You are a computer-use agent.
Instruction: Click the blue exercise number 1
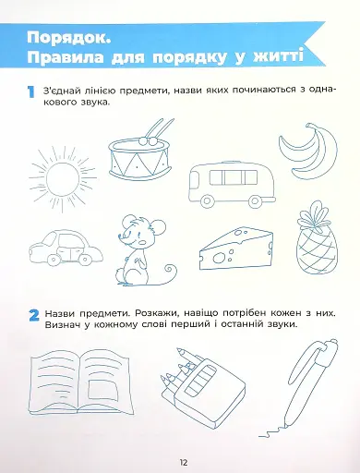pos(30,93)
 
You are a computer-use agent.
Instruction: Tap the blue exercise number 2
pos(31,317)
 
